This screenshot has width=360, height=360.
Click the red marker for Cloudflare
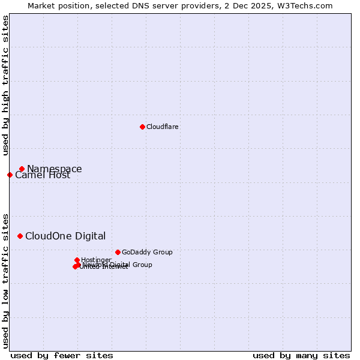point(142,127)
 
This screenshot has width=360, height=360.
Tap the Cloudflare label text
point(162,127)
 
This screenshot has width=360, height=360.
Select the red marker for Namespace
point(22,169)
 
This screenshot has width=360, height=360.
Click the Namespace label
point(55,169)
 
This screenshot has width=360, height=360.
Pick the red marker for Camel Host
point(10,175)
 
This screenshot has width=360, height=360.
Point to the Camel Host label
point(43,175)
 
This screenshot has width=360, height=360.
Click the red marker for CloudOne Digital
point(20,236)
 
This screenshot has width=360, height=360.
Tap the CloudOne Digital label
point(65,236)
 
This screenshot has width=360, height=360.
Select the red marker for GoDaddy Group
point(118,252)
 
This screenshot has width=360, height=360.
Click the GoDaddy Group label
point(147,252)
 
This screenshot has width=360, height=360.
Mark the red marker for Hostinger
point(77,260)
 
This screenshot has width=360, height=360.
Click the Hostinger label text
point(96,260)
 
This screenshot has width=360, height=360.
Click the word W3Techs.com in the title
point(308,5)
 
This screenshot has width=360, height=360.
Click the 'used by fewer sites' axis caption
point(62,356)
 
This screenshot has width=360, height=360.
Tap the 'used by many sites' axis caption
point(301,356)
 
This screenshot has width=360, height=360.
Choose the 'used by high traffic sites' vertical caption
point(5,85)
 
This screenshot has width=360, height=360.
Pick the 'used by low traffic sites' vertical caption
point(5,280)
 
